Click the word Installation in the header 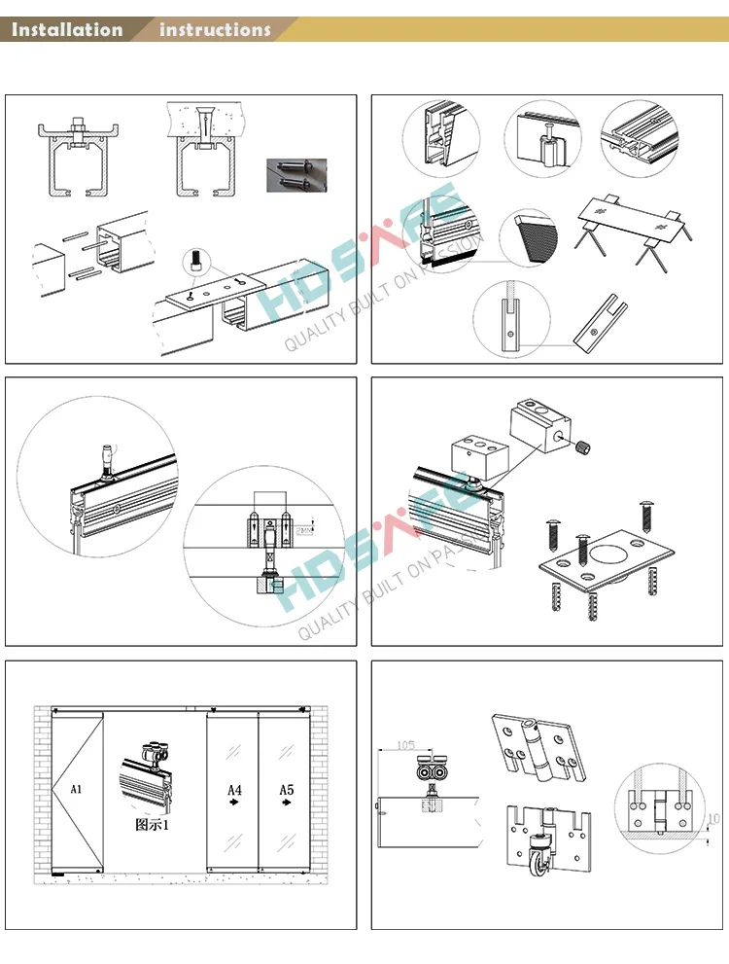tap(67, 29)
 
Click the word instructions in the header tap(215, 29)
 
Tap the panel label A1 tap(77, 790)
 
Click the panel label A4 tap(233, 790)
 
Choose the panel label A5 tap(286, 790)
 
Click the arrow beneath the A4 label tap(234, 805)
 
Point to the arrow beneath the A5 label tap(287, 805)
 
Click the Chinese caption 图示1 tap(153, 825)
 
